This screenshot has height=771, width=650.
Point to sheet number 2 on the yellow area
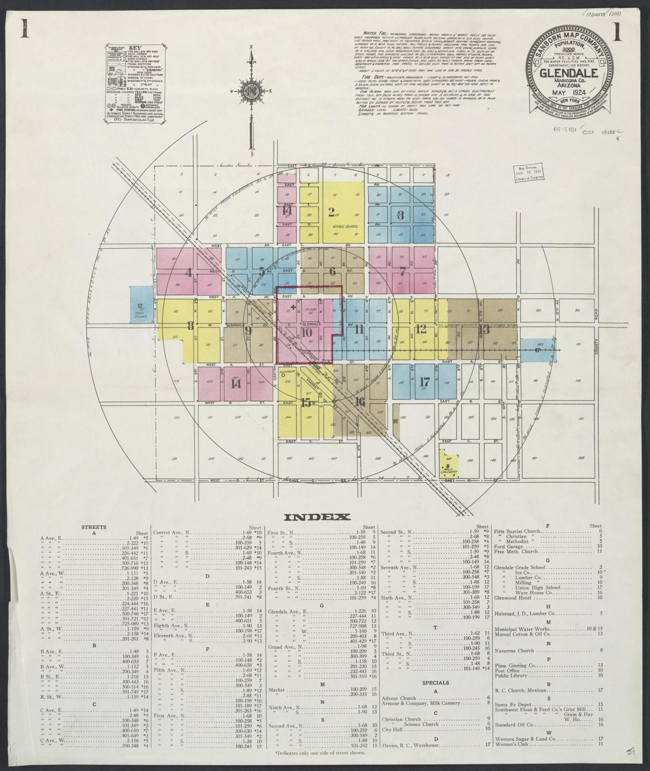331,212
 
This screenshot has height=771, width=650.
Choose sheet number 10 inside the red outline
307,332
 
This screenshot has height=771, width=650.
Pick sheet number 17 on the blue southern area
424,381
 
